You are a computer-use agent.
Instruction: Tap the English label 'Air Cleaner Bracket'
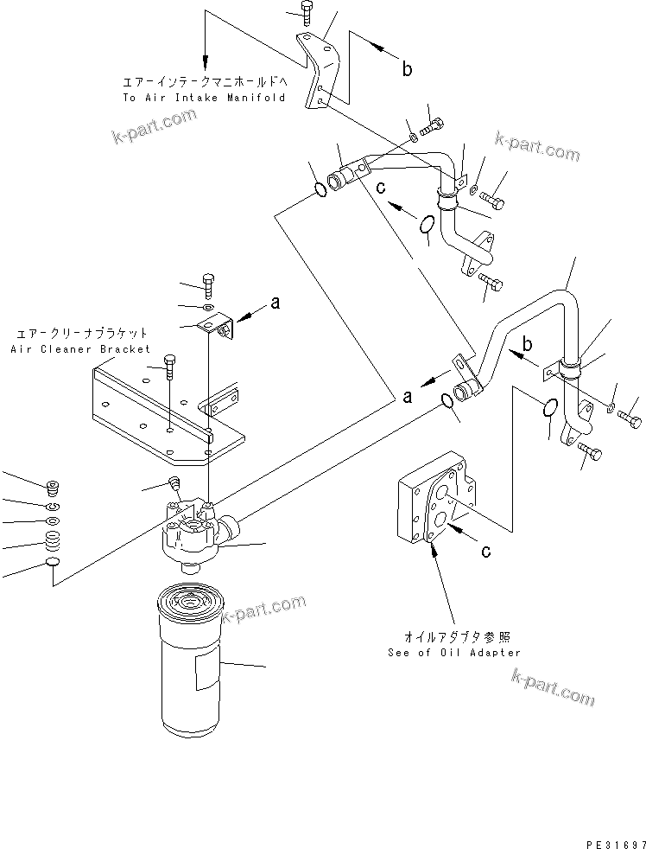click(x=80, y=349)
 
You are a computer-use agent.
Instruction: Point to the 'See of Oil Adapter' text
click(x=454, y=653)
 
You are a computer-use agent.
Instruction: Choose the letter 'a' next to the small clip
click(x=275, y=303)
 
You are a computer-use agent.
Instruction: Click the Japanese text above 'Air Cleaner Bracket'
click(x=80, y=333)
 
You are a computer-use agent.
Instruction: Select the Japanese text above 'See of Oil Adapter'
click(x=454, y=635)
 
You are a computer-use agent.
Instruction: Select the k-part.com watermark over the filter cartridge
click(x=263, y=609)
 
